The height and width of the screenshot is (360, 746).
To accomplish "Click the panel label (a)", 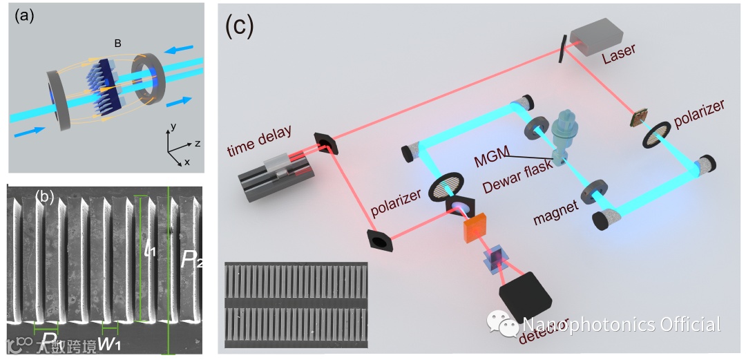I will (x=26, y=17).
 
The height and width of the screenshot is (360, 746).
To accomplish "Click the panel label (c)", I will (x=240, y=26).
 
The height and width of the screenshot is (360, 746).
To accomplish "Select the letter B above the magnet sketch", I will (x=118, y=43).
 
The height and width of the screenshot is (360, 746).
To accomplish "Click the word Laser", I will (x=619, y=50).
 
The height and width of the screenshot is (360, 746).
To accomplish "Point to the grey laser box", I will (x=595, y=35).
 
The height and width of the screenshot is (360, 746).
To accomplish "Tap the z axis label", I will (x=197, y=144).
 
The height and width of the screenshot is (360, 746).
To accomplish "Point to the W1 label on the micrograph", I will (x=115, y=344).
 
